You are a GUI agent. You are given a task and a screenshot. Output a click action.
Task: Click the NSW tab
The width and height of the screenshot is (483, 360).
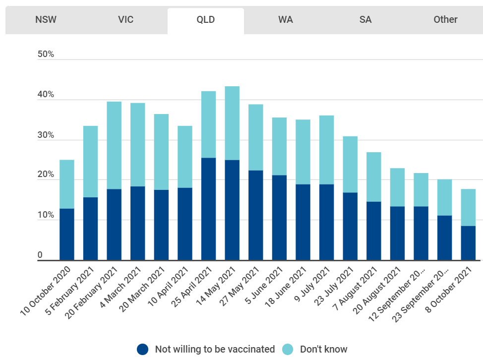click(x=46, y=20)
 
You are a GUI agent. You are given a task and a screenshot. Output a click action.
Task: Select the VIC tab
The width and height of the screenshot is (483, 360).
click(x=125, y=20)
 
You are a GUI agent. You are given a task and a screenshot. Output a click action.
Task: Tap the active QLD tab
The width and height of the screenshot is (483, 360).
click(x=205, y=20)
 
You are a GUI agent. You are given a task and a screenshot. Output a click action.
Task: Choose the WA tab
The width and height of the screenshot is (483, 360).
click(x=285, y=20)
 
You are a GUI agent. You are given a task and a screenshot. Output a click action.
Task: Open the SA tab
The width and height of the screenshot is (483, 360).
click(x=365, y=20)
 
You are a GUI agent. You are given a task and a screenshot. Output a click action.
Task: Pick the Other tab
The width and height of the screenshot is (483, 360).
click(x=445, y=20)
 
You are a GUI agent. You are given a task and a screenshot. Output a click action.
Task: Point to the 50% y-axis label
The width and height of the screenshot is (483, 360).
click(x=46, y=54)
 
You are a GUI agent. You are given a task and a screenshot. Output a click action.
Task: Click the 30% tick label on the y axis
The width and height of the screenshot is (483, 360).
click(x=46, y=135)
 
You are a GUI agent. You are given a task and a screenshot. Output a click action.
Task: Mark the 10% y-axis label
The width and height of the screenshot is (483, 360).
click(x=46, y=215)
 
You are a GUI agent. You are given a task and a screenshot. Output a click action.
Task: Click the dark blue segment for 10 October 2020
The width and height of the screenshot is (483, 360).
click(x=67, y=234)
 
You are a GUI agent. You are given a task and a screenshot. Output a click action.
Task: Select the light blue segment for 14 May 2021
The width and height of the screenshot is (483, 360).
click(x=232, y=123)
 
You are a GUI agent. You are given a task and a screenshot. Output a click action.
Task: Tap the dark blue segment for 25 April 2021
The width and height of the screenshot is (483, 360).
click(x=208, y=209)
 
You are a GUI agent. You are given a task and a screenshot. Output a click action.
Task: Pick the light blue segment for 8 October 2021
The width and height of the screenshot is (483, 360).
click(x=468, y=207)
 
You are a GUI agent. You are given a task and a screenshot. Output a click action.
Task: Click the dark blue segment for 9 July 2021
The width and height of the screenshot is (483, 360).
click(x=326, y=222)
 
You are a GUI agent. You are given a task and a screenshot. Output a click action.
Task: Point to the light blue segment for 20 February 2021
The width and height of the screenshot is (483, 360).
click(x=114, y=145)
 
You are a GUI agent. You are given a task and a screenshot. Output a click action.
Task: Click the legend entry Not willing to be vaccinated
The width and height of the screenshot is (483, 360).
click(x=206, y=349)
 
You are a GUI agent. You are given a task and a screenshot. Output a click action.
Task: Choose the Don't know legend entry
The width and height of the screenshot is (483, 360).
click(x=315, y=349)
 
